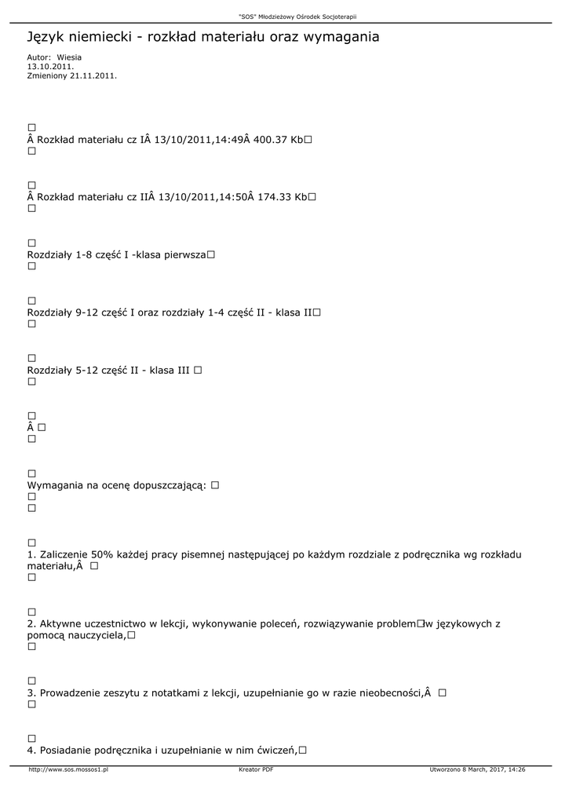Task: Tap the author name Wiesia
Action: [x=69, y=57]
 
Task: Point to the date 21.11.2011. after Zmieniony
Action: [x=93, y=76]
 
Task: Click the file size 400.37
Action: [x=271, y=140]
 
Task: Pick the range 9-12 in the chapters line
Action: [x=86, y=312]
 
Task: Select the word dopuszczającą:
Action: [x=168, y=486]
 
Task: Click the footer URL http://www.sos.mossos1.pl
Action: [x=67, y=770]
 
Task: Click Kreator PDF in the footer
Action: [x=256, y=770]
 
